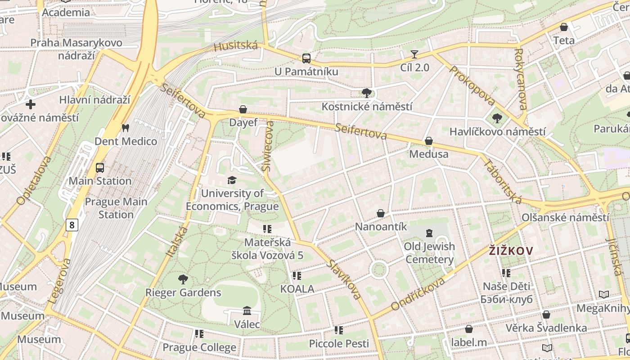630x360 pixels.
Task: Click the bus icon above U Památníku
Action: (306, 58)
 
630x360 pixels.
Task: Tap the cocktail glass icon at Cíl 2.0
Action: (414, 54)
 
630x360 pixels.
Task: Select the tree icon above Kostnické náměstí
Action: (367, 93)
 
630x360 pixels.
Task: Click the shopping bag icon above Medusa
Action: (429, 141)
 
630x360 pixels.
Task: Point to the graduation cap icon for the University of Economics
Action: (232, 180)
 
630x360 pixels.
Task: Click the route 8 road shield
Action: (72, 225)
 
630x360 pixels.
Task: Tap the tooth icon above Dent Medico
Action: (126, 128)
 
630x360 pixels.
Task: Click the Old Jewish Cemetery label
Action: (429, 253)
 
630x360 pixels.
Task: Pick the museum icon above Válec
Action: (247, 311)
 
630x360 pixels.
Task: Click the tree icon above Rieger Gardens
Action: (183, 279)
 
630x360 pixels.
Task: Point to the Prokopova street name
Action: (472, 86)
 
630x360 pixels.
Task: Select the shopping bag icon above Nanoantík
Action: (381, 213)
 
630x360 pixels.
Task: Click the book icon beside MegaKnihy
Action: (604, 295)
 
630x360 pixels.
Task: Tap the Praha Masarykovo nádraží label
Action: (76, 49)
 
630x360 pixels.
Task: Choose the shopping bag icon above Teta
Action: (564, 27)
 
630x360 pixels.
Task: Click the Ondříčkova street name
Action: (418, 294)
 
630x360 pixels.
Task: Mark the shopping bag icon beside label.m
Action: (469, 329)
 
